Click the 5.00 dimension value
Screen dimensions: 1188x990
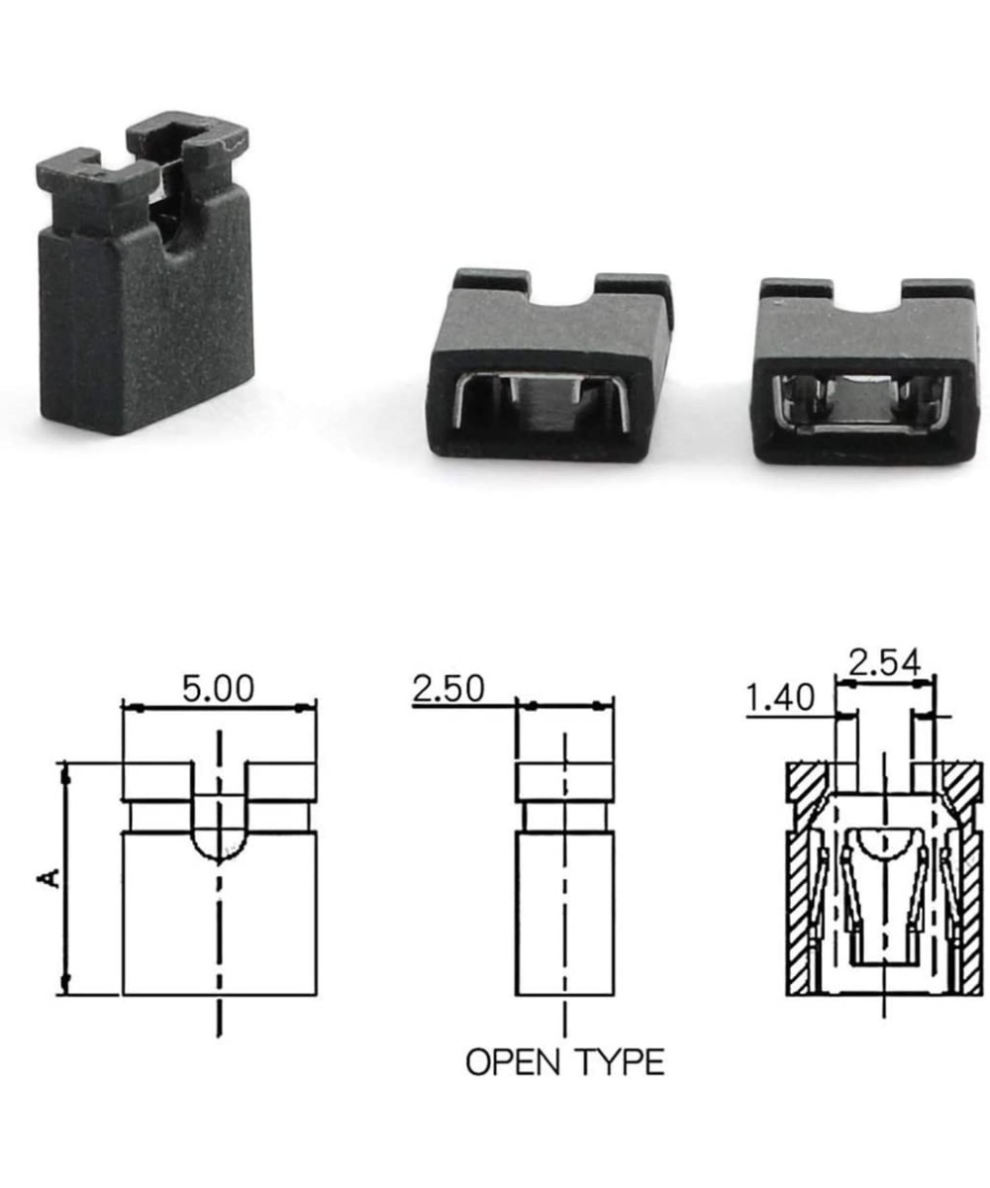tap(218, 688)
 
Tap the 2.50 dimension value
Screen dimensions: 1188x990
tap(448, 688)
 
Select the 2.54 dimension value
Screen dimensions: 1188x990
tap(884, 661)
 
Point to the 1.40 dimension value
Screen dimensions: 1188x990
tap(780, 698)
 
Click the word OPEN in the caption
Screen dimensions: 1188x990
tap(513, 1062)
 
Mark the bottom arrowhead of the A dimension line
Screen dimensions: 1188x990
tap(66, 984)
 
